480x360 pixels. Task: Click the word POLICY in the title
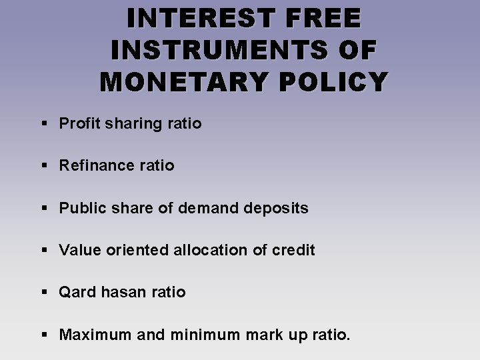331,81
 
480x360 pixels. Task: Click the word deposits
277,208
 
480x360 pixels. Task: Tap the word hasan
120,292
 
